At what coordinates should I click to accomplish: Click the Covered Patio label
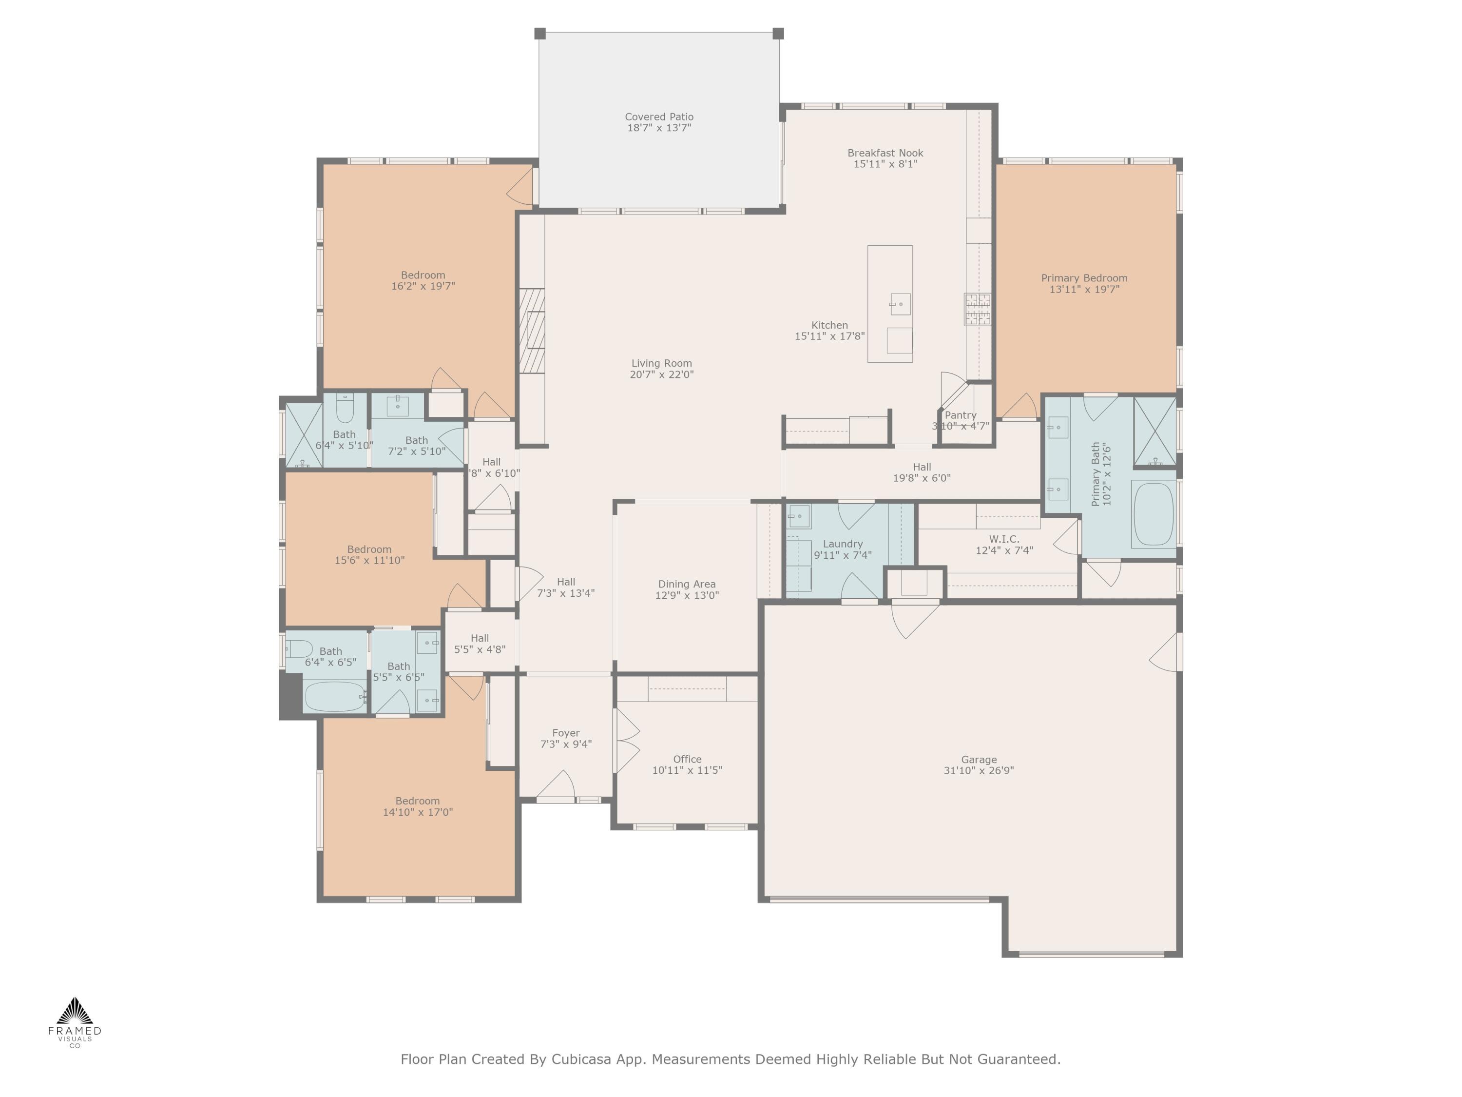tap(659, 117)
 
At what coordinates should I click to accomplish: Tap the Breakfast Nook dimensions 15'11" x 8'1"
tap(885, 164)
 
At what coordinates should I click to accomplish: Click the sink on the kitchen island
tap(900, 304)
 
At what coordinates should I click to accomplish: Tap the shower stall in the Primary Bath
tap(1154, 431)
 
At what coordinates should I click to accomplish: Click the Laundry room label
tap(843, 544)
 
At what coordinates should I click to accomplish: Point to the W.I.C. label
tap(1004, 539)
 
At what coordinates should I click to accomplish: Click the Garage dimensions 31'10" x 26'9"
tap(978, 770)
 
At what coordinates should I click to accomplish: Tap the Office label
tap(687, 759)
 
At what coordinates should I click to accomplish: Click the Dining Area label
tap(687, 584)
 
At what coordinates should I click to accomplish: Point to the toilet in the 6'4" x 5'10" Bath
tap(345, 409)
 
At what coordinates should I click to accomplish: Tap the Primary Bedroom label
tap(1084, 278)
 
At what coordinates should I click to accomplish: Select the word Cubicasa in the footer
tap(581, 1059)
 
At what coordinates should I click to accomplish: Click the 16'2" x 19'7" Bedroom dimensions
tap(423, 286)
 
